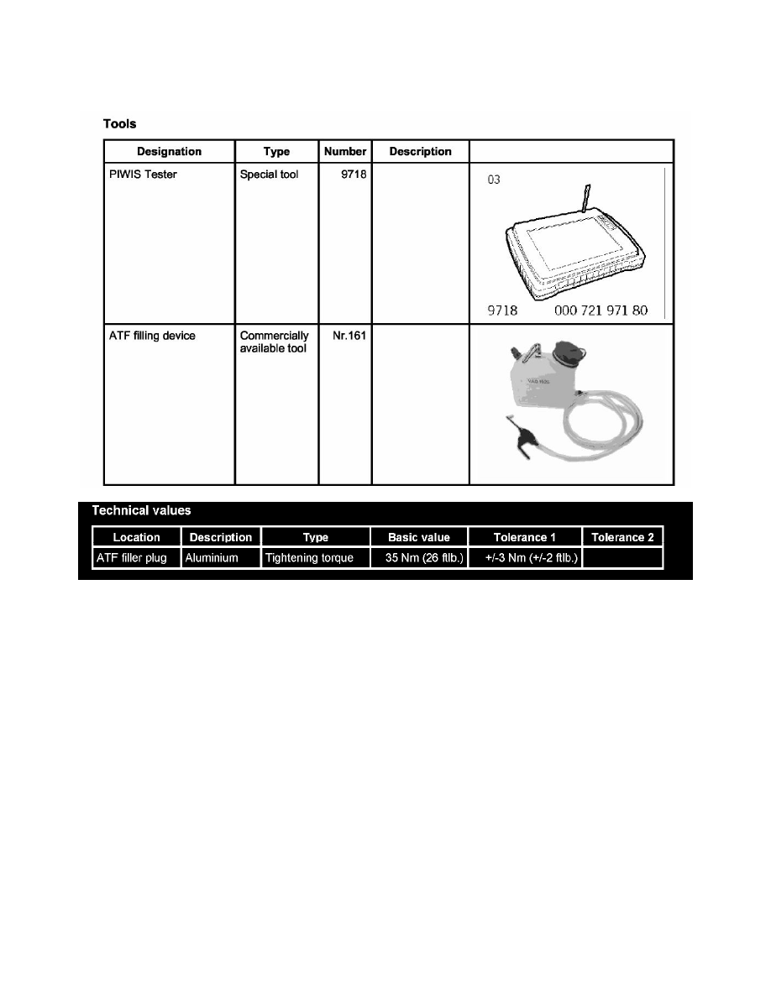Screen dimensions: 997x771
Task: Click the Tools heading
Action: (x=119, y=123)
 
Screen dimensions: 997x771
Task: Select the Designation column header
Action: (x=169, y=152)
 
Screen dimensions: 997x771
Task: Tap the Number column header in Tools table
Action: (x=345, y=152)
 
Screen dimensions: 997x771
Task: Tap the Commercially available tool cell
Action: (x=274, y=342)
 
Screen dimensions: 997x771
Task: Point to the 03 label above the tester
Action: (x=495, y=180)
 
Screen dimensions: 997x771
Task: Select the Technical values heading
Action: (x=141, y=510)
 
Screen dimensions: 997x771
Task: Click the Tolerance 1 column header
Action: (x=525, y=537)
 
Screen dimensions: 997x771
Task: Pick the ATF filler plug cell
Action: (x=134, y=557)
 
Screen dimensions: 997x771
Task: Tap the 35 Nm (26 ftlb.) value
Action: (x=419, y=557)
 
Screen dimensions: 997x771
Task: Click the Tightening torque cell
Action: (x=315, y=557)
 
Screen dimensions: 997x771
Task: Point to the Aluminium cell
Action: (x=212, y=557)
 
